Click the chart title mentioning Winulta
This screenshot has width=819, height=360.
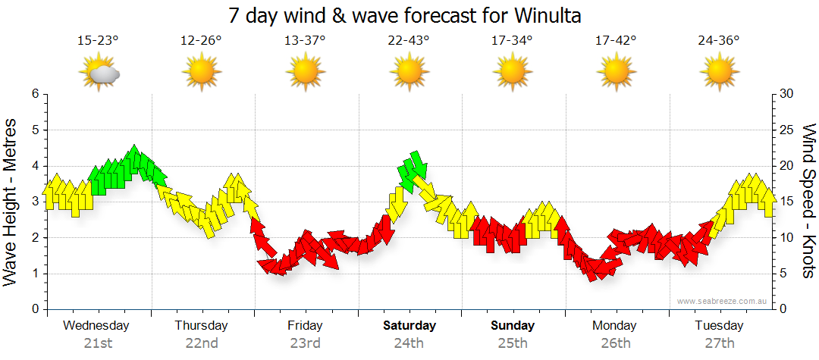[x=409, y=15]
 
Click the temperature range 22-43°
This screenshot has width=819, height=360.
[x=409, y=41]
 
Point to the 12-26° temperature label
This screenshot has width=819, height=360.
[x=201, y=41]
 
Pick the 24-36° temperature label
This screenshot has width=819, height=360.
[x=719, y=41]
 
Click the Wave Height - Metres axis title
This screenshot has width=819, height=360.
[x=11, y=202]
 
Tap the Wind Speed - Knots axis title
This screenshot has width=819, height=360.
[x=808, y=202]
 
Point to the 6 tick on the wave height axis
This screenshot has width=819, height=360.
[x=35, y=94]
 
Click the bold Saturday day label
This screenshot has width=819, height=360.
[x=409, y=326]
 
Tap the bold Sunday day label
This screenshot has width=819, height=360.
[x=513, y=326]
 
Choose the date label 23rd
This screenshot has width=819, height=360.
[x=305, y=343]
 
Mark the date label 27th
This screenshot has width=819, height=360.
[x=719, y=343]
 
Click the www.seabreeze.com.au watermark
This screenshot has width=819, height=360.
[x=723, y=301]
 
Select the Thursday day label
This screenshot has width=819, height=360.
[x=201, y=326]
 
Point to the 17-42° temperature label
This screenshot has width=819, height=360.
[x=616, y=41]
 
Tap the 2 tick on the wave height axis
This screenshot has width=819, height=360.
[x=35, y=238]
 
